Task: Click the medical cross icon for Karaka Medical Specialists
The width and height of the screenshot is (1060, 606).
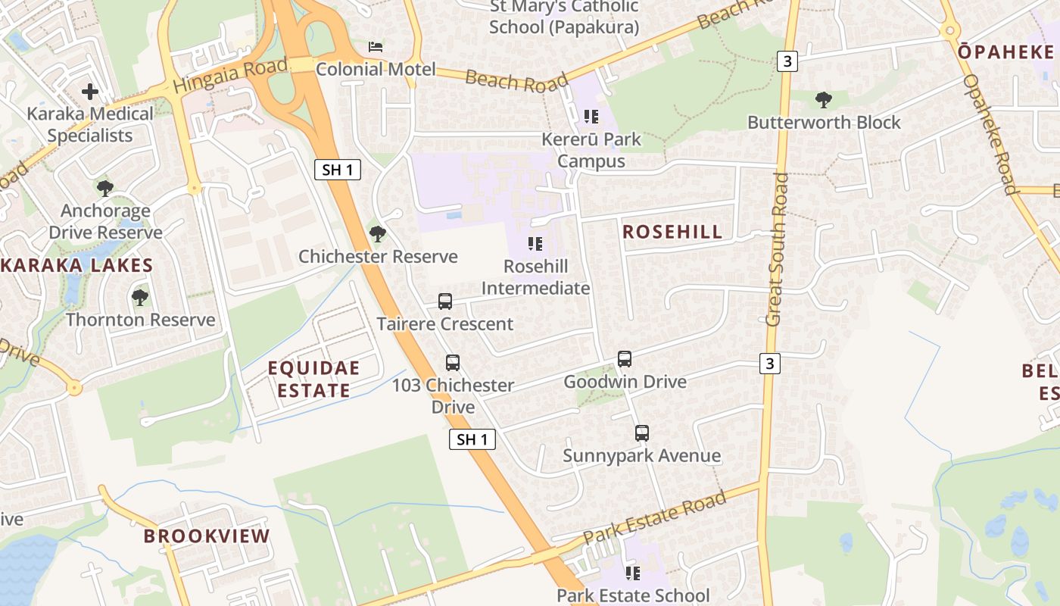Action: tap(90, 92)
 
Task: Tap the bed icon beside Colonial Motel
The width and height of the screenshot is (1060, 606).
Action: tap(376, 47)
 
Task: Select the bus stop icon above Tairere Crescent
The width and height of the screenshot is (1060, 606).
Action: tap(445, 301)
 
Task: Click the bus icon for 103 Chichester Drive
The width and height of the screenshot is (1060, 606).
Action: tap(453, 363)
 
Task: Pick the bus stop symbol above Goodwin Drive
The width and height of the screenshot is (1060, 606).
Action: tap(625, 359)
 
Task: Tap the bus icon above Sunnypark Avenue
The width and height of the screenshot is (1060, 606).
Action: tap(642, 433)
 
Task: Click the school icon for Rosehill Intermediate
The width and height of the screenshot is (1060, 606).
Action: tap(535, 244)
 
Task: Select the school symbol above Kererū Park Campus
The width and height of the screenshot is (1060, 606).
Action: tap(591, 117)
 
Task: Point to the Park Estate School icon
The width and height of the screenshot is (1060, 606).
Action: tap(633, 573)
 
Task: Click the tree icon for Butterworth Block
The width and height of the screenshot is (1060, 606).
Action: tap(824, 100)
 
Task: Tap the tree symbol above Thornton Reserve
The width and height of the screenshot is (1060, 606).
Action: tap(140, 298)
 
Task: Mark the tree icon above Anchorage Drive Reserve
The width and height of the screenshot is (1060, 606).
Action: tap(105, 189)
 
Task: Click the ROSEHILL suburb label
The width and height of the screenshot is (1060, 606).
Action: tap(672, 233)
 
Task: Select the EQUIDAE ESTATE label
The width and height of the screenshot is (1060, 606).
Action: tap(313, 380)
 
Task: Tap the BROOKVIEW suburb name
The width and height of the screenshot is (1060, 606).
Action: tap(207, 536)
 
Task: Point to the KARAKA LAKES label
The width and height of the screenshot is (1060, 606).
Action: tap(76, 266)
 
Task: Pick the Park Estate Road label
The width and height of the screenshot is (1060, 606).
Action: tap(655, 517)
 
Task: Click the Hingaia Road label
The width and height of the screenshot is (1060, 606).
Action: tap(230, 76)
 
